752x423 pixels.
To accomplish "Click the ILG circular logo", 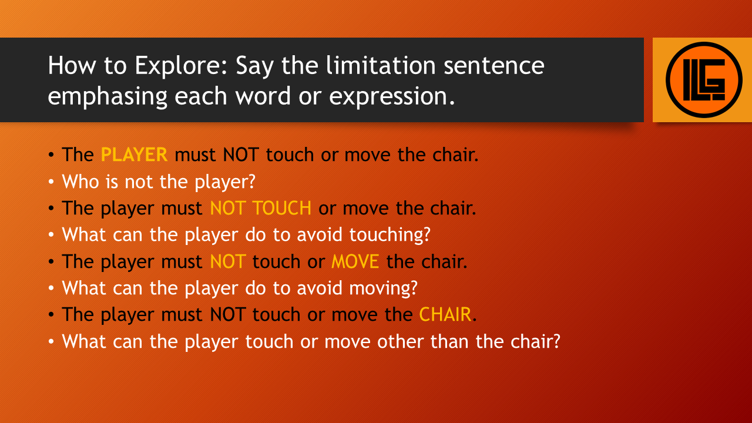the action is [x=704, y=80].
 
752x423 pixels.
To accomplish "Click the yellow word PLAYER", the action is [x=134, y=155].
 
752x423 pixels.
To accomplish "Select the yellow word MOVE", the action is [x=355, y=261].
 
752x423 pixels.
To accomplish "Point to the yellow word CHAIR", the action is [x=445, y=314].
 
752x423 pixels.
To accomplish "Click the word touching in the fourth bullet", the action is [x=390, y=235].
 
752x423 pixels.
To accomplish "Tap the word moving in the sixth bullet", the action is [x=383, y=288].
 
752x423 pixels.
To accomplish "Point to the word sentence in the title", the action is [x=494, y=66].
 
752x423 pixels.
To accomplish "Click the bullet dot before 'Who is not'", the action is [x=51, y=182].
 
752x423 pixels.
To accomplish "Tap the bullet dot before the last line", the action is [x=51, y=342].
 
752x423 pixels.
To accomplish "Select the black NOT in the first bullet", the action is [x=241, y=155].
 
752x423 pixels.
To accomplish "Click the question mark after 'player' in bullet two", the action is [x=251, y=182].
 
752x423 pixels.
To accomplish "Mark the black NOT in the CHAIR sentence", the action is [x=227, y=314].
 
